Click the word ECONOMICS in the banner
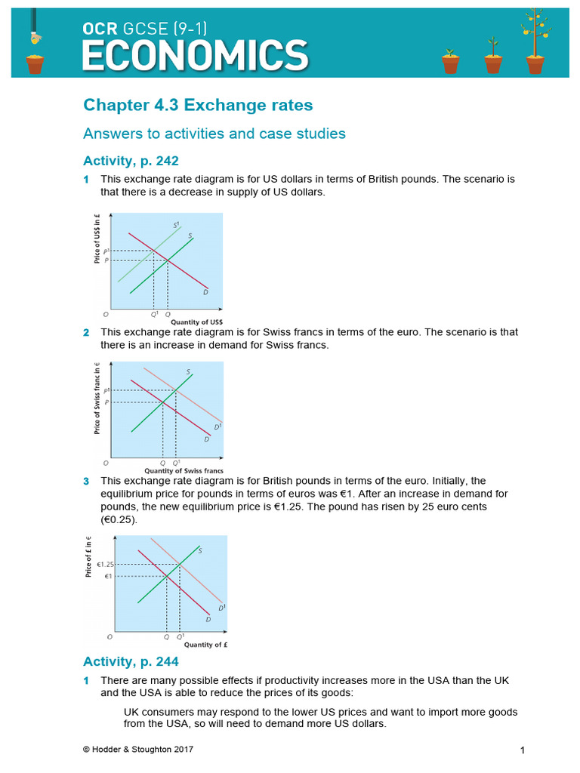[x=195, y=54]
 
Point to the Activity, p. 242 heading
[x=131, y=161]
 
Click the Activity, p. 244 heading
[x=131, y=662]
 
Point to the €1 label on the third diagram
[x=108, y=577]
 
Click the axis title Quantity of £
[x=206, y=645]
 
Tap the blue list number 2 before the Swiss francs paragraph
[x=86, y=333]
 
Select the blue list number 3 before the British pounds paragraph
[x=86, y=481]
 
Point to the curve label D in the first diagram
[x=205, y=292]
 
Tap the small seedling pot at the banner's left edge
[x=35, y=60]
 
